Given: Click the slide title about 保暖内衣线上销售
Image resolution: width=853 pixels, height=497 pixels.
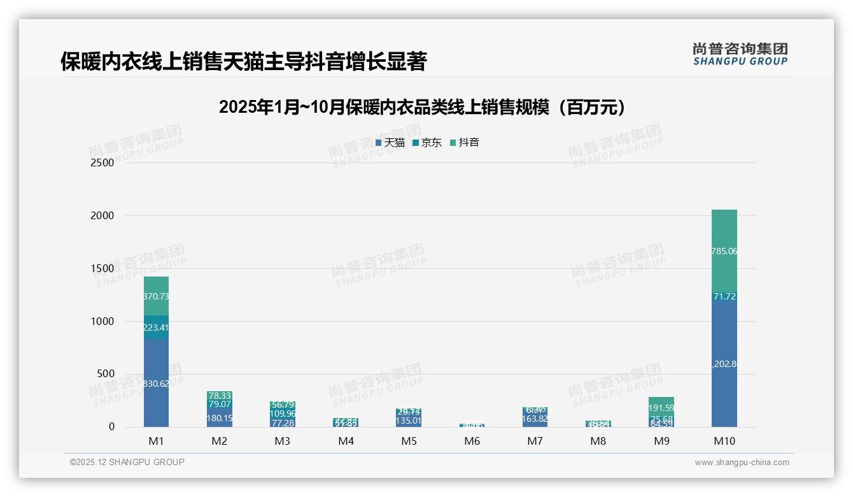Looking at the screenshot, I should (x=243, y=61).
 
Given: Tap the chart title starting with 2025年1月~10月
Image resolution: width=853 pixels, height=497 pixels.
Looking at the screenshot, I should (x=421, y=107).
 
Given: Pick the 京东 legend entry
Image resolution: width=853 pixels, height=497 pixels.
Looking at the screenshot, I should (x=428, y=143).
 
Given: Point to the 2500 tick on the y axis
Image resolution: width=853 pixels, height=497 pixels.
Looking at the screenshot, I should (x=102, y=162).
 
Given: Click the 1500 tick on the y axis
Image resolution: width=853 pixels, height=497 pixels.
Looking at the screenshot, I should (x=102, y=268).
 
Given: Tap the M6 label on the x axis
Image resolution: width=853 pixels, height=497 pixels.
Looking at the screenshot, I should (x=472, y=442).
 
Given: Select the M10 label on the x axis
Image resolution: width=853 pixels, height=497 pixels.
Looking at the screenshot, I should (x=724, y=442).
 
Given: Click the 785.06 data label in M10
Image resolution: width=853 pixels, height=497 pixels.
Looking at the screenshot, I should (x=724, y=252).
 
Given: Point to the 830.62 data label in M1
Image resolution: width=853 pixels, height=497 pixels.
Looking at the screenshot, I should (x=156, y=384).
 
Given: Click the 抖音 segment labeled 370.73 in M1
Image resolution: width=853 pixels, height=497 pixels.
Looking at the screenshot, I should (x=156, y=296).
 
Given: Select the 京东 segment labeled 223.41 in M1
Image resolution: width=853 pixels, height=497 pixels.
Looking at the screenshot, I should (x=156, y=328).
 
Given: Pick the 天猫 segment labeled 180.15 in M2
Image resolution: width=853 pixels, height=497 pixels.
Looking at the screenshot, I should (x=219, y=418).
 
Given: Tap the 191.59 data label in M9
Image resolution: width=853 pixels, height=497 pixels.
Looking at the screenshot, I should (x=661, y=408).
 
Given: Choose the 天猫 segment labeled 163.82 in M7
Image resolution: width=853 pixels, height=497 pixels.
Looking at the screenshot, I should (x=535, y=419).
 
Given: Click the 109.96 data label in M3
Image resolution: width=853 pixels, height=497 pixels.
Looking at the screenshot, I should (x=283, y=414).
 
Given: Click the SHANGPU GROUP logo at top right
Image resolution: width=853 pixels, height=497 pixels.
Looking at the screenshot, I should (x=740, y=54).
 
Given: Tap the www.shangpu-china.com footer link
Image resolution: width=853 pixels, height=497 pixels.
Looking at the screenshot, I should (x=742, y=463).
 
